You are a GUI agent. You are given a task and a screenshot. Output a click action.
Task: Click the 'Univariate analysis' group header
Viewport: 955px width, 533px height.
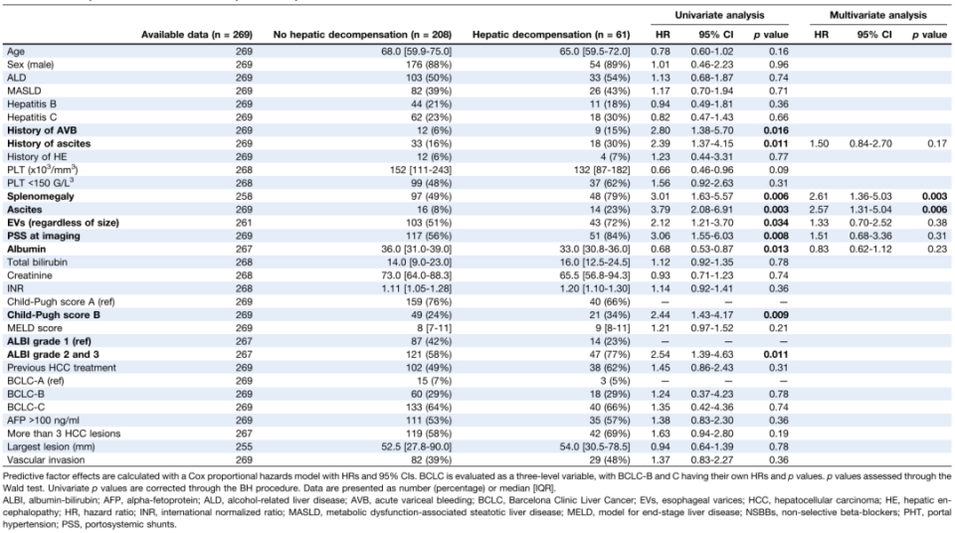click(x=719, y=15)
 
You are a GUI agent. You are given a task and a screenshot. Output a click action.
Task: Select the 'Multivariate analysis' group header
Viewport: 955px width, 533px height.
click(x=877, y=15)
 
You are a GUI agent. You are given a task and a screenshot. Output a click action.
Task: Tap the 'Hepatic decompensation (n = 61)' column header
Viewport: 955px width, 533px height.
click(x=551, y=35)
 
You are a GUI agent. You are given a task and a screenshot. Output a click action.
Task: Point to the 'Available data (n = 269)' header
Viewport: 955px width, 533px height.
click(x=197, y=35)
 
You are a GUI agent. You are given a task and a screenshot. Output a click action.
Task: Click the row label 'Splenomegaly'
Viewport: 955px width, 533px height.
click(x=40, y=196)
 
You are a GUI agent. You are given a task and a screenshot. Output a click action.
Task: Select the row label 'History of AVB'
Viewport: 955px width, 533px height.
click(x=42, y=130)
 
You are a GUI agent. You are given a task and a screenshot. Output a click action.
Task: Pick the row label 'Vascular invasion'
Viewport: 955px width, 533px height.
click(x=46, y=459)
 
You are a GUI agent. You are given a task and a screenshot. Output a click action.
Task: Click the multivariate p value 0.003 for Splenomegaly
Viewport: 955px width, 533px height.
click(x=934, y=196)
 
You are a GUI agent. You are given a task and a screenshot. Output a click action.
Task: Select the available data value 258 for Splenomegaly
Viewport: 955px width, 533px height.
click(x=244, y=196)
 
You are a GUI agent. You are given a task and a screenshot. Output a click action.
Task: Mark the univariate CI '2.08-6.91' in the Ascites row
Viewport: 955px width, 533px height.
click(x=712, y=210)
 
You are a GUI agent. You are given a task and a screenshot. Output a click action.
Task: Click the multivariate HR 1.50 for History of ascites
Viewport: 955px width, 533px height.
click(x=819, y=144)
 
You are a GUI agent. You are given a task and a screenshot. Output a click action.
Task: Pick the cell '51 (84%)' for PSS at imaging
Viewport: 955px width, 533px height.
click(x=611, y=236)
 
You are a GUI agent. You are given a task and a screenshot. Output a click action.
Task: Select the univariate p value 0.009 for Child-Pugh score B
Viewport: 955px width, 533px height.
click(x=775, y=315)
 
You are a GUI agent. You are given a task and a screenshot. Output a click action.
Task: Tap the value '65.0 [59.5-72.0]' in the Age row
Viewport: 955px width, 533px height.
click(x=595, y=52)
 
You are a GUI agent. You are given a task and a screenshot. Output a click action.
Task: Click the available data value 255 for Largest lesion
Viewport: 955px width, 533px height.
click(x=244, y=446)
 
